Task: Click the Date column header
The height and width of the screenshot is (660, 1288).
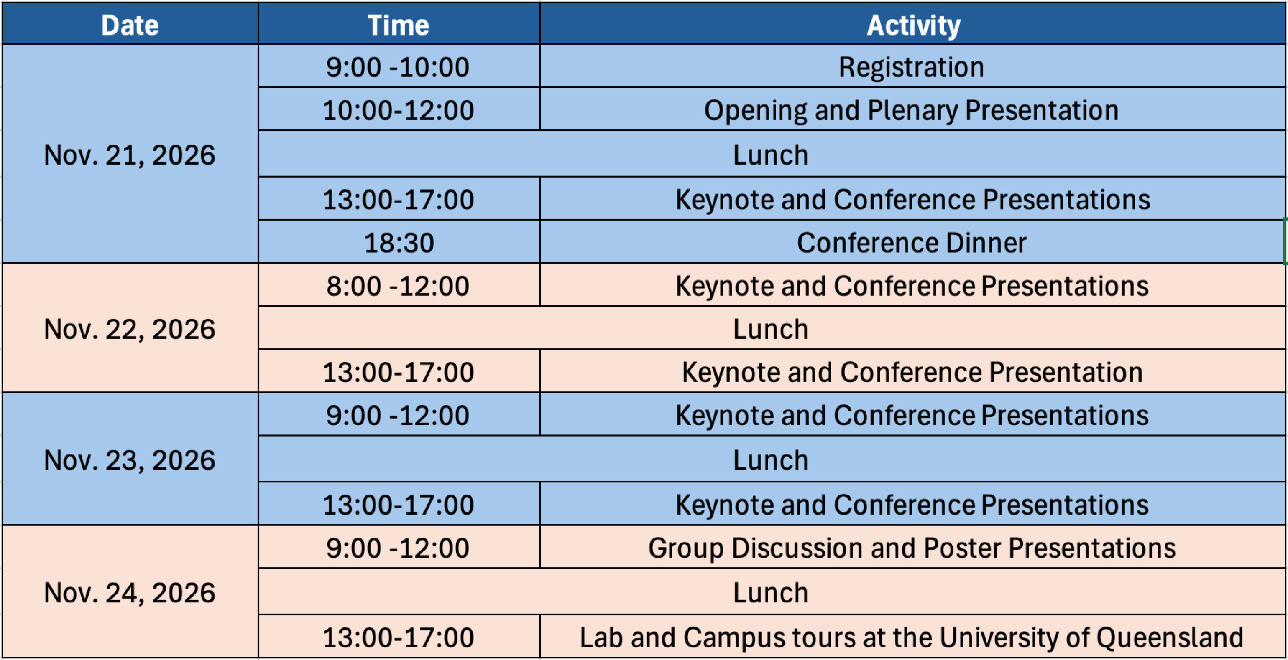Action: pyautogui.click(x=130, y=25)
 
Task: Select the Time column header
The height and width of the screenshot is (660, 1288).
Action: pyautogui.click(x=399, y=25)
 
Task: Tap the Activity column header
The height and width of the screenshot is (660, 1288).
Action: pyautogui.click(x=913, y=25)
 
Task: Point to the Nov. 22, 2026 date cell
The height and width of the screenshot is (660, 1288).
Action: pyautogui.click(x=130, y=328)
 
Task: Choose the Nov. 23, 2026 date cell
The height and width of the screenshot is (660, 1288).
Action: pyautogui.click(x=130, y=459)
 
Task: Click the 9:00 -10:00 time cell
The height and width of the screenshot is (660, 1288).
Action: pyautogui.click(x=399, y=66)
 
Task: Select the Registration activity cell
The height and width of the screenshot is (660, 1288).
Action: pyautogui.click(x=913, y=66)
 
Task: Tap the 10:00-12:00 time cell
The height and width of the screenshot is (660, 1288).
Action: pyautogui.click(x=399, y=109)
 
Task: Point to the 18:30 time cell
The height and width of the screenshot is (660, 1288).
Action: pyautogui.click(x=399, y=242)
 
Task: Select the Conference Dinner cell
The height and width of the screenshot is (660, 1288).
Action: pyautogui.click(x=913, y=242)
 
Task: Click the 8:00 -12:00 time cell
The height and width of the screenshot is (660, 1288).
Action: pyautogui.click(x=399, y=285)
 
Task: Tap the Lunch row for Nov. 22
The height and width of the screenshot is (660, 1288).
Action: pyautogui.click(x=772, y=328)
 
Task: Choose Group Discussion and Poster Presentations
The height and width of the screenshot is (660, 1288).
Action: pyautogui.click(x=912, y=548)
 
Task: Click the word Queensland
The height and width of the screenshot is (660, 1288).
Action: pyautogui.click(x=1170, y=637)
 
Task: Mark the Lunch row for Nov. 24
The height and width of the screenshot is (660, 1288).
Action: pyautogui.click(x=772, y=592)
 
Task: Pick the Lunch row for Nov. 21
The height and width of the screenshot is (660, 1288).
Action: pyautogui.click(x=772, y=154)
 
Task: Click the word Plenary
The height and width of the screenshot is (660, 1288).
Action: pyautogui.click(x=912, y=110)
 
